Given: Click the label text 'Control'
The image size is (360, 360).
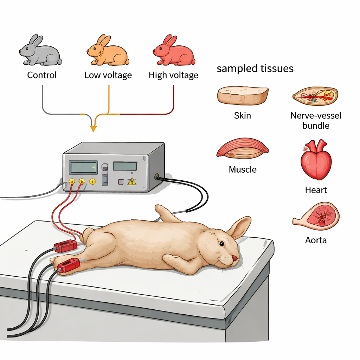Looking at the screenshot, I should click(x=42, y=75).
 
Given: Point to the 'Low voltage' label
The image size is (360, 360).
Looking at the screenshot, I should click(x=108, y=75).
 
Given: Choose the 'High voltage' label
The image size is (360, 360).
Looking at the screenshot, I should click(x=173, y=75).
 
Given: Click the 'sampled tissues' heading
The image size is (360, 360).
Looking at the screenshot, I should click(x=255, y=68).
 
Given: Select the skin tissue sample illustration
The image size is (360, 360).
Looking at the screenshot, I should click(x=243, y=96).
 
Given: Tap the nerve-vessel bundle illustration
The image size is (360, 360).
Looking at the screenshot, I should click(x=315, y=96).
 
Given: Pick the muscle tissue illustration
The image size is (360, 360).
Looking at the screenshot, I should click(x=243, y=148).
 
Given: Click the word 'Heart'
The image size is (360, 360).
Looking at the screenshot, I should click(x=316, y=190).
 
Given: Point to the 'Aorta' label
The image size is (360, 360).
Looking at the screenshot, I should click(x=316, y=240).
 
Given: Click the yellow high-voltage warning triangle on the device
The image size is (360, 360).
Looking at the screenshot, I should click(x=131, y=181).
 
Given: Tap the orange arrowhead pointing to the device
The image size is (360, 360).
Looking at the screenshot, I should click(x=93, y=129).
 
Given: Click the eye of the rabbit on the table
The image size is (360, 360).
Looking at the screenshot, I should click(x=221, y=243).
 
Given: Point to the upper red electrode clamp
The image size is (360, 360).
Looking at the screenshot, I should click(x=66, y=246).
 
